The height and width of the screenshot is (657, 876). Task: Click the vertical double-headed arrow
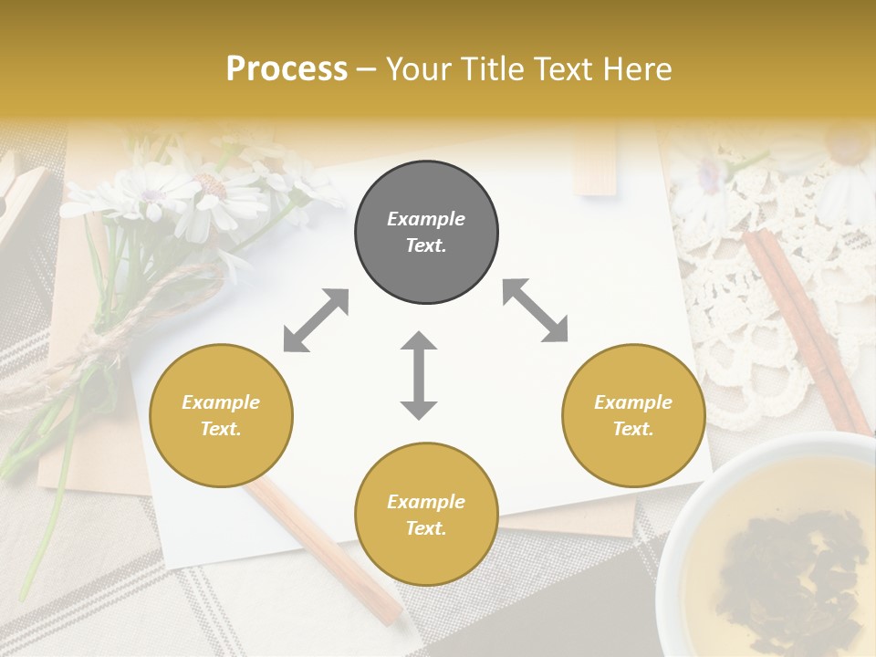pyautogui.click(x=419, y=375)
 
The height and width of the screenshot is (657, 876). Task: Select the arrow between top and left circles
pyautogui.click(x=316, y=320)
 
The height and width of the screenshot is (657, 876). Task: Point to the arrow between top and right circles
pyautogui.click(x=535, y=310)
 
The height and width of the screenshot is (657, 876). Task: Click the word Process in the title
pyautogui.click(x=287, y=69)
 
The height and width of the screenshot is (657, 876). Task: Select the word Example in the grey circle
pyautogui.click(x=426, y=219)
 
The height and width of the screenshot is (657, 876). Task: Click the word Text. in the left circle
pyautogui.click(x=221, y=429)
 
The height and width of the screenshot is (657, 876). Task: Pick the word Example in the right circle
pyautogui.click(x=633, y=402)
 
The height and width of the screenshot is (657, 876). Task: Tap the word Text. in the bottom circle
pyautogui.click(x=426, y=528)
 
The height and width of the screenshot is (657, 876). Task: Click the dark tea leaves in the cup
pyautogui.click(x=785, y=566)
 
